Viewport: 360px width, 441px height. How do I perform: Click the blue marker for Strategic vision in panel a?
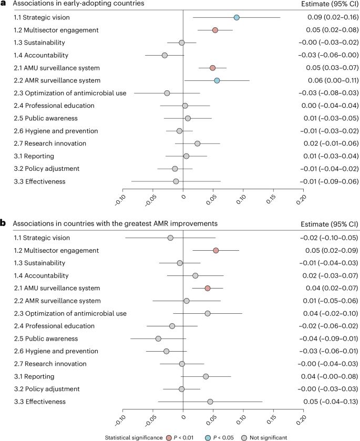coord(236,18)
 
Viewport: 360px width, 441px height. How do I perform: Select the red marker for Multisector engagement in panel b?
coord(215,250)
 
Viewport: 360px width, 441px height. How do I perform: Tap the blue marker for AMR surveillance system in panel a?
coord(217,80)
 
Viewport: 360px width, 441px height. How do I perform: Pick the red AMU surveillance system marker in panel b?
coord(208,288)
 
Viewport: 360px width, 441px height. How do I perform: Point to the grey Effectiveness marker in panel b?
coord(210,402)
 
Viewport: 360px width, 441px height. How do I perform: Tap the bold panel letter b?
coord(4,223)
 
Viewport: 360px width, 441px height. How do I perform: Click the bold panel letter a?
coord(4,4)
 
